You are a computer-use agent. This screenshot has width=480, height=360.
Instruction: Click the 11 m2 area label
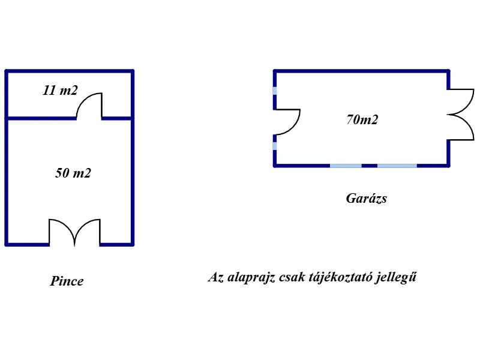click(x=61, y=91)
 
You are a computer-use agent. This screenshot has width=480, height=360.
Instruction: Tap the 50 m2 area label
click(x=73, y=173)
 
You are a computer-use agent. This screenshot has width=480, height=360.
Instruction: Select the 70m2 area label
click(x=362, y=119)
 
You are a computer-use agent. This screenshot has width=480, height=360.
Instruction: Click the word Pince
click(x=67, y=281)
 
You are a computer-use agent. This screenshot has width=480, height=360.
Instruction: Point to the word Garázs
click(x=367, y=199)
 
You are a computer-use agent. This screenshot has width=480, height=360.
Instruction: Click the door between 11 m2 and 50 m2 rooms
click(x=89, y=106)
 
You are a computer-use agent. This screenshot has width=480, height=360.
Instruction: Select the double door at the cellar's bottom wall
click(x=74, y=232)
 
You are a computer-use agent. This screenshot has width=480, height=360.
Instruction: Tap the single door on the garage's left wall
click(x=287, y=122)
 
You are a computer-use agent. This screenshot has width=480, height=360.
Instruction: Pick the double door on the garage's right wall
click(x=460, y=115)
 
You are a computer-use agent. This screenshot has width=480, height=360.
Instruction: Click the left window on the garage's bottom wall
click(x=346, y=166)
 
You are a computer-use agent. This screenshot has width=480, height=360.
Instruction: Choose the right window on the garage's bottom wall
click(x=397, y=166)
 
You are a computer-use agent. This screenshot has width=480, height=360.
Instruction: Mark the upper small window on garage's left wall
click(x=275, y=91)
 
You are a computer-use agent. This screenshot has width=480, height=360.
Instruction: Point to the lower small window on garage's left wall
click(x=275, y=146)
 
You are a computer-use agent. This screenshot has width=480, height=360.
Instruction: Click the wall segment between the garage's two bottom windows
click(x=370, y=166)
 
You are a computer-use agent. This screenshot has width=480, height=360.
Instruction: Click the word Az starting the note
click(x=216, y=277)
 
